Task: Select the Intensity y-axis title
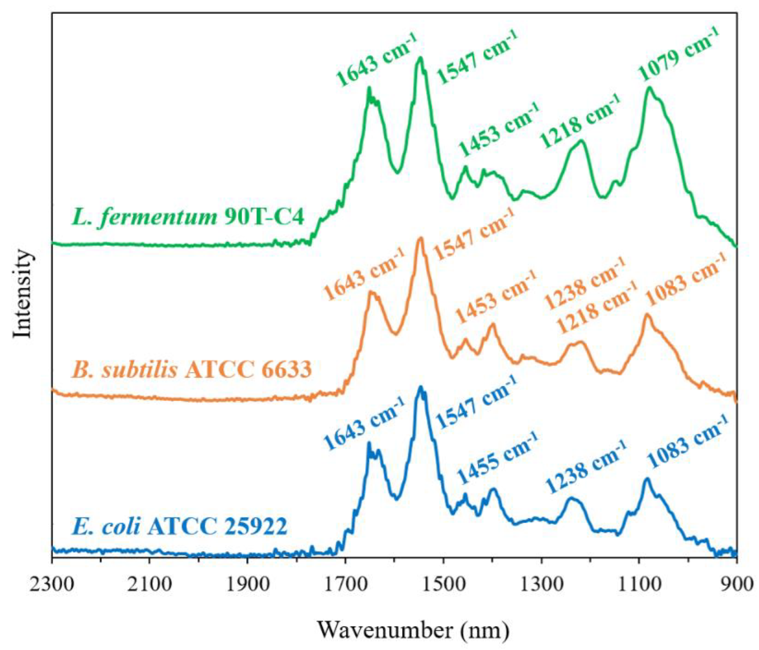23,293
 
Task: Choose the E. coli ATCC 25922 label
179,527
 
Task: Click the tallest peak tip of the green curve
421,58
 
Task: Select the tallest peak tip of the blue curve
421,387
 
